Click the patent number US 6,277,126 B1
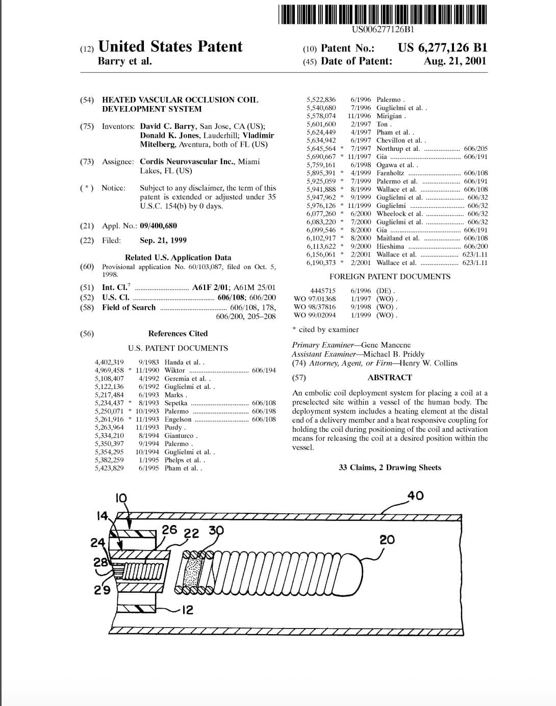coord(442,48)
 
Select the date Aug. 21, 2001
coord(454,61)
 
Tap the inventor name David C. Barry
coord(167,126)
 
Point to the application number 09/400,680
coord(158,225)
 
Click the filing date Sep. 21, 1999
coord(163,240)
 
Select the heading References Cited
coord(178,333)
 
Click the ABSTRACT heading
coord(389,377)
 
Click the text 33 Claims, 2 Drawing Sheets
coord(390,467)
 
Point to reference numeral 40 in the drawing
coord(415,495)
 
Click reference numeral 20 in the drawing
coord(387,539)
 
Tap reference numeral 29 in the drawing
coord(102,590)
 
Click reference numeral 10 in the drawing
coord(121,498)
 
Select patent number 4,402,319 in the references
coord(109,362)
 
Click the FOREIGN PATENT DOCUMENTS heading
coord(390,276)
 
